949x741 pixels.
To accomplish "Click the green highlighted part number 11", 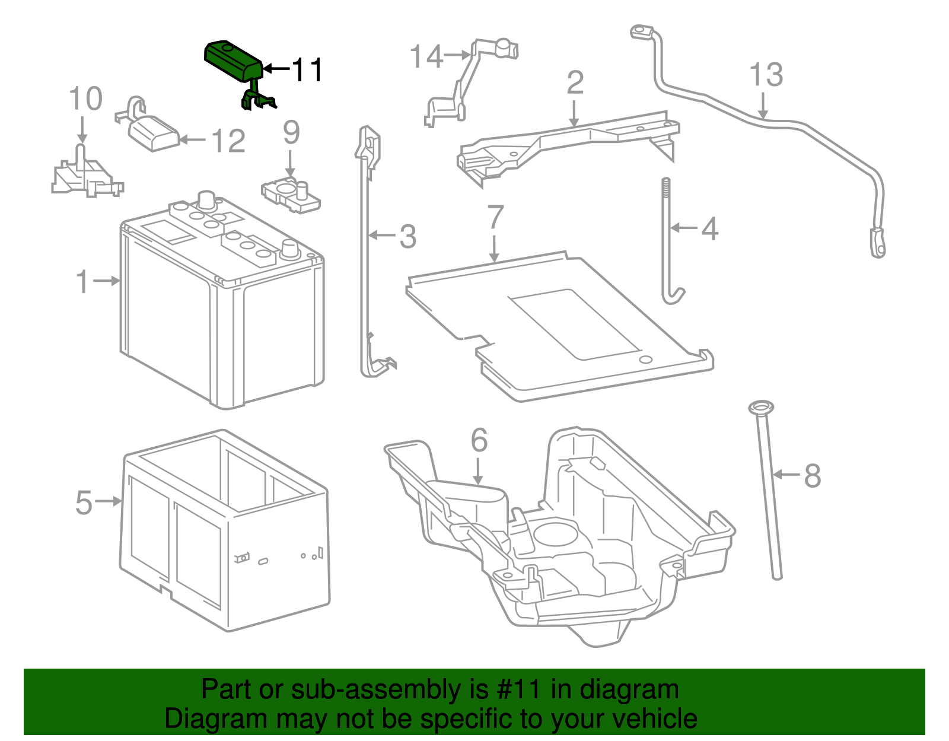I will tap(233, 61).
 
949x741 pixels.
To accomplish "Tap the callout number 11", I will tap(307, 70).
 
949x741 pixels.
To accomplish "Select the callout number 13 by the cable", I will tap(765, 75).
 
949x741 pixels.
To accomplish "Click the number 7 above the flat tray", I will tap(495, 218).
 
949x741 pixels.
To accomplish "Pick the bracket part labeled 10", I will tap(86, 176).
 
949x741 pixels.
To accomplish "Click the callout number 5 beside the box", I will tap(84, 503).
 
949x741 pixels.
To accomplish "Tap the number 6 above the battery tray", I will tap(479, 441).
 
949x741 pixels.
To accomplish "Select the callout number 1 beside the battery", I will tap(82, 281).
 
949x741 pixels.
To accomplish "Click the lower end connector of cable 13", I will tap(878, 243).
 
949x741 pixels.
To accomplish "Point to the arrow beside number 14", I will tap(457, 55).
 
